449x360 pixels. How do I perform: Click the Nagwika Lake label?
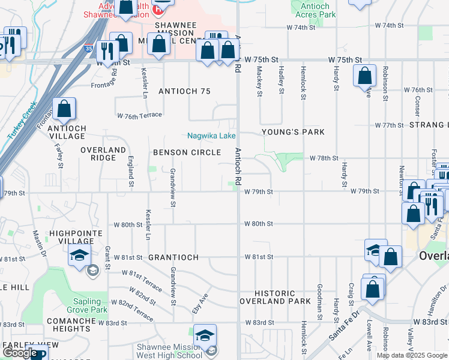click(x=211, y=136)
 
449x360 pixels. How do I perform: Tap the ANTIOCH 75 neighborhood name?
click(x=184, y=91)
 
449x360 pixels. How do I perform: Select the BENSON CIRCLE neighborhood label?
click(x=187, y=152)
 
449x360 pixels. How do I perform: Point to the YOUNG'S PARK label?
click(x=293, y=132)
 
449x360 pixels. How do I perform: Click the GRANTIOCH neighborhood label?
click(x=173, y=257)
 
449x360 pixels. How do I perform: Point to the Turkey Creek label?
click(x=22, y=121)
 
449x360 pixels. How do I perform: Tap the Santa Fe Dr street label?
click(x=345, y=327)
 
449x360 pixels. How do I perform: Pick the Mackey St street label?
click(x=260, y=81)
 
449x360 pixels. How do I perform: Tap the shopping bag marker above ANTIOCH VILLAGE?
click(x=64, y=109)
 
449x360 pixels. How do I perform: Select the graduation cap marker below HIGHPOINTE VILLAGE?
click(x=79, y=256)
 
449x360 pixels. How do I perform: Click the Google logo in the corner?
click(x=20, y=353)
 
